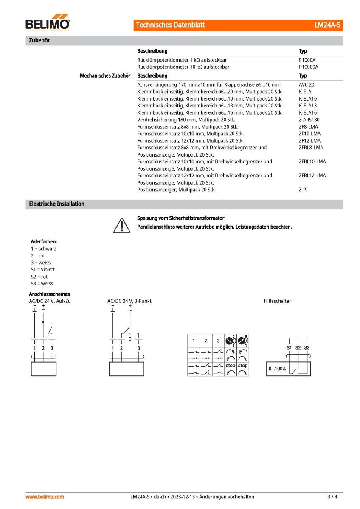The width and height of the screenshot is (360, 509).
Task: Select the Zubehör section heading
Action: tap(40, 41)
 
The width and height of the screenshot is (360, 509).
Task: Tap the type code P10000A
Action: tap(308, 67)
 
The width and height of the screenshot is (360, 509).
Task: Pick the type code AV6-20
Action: tap(307, 85)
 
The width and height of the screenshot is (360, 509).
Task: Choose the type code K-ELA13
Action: tap(308, 106)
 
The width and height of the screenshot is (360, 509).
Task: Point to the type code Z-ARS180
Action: tap(309, 120)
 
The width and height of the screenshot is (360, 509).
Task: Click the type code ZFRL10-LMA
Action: tap(312, 162)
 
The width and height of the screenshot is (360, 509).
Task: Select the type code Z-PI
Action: tap(303, 190)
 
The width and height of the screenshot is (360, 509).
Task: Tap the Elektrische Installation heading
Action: tap(56, 204)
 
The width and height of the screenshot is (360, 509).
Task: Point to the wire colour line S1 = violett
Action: tap(43, 269)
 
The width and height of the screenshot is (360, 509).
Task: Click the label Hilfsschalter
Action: tap(277, 301)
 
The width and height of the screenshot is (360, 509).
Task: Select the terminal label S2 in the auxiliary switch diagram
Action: tap(298, 348)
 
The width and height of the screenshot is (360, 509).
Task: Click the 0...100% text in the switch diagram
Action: tap(277, 369)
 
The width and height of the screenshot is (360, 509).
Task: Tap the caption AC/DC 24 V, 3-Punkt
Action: tap(129, 301)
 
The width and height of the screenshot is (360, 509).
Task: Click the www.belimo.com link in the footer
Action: tap(45, 497)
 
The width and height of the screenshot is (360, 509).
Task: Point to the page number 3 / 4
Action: tap(332, 497)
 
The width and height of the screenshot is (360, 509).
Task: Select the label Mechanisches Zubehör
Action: tap(105, 76)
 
